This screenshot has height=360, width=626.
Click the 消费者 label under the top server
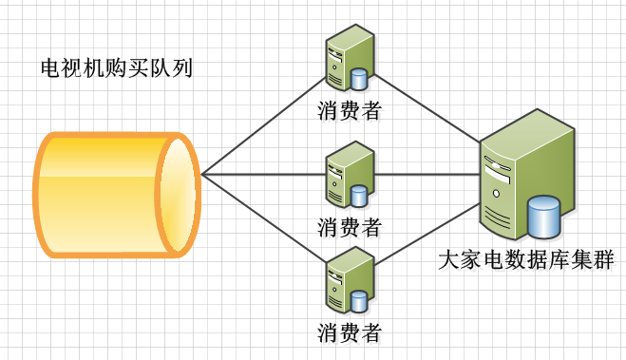350,111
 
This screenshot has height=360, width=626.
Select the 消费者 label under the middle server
350,227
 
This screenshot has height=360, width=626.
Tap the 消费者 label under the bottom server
350,332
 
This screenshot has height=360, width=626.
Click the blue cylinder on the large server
544,217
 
